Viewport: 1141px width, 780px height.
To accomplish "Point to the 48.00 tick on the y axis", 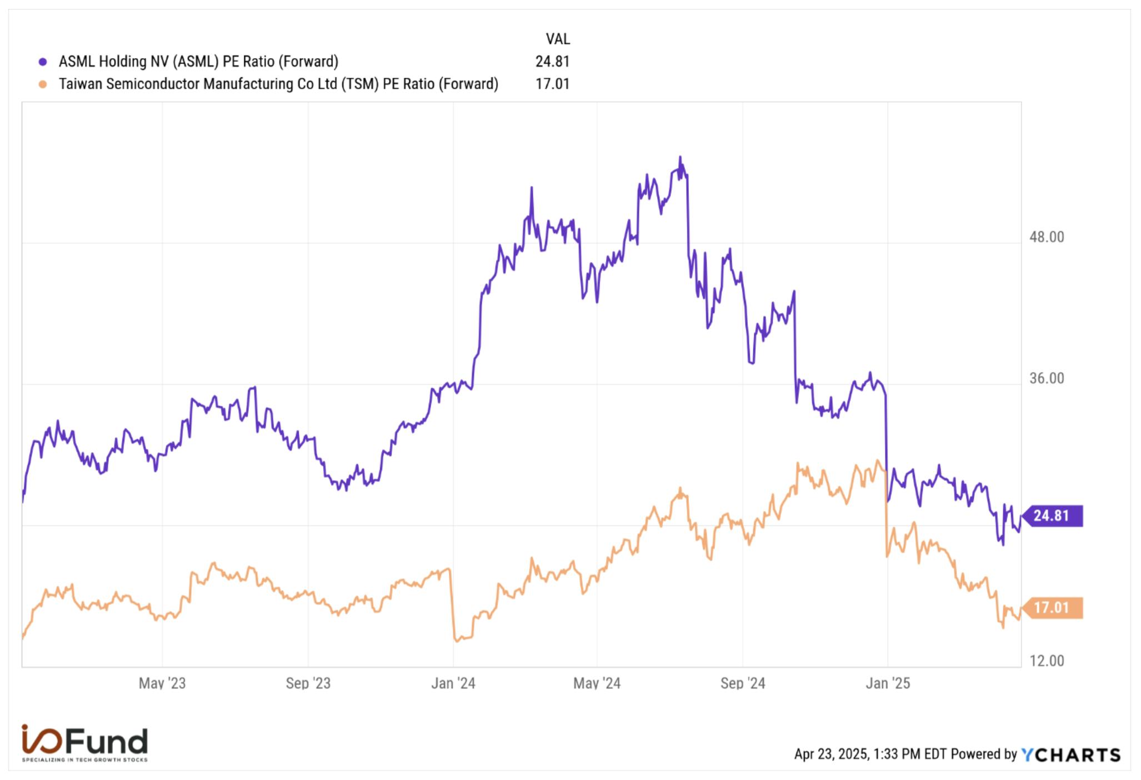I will tap(1047, 237).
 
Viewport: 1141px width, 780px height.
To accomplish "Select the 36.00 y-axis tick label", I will tap(1047, 378).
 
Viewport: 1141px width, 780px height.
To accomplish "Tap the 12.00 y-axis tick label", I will tap(1047, 661).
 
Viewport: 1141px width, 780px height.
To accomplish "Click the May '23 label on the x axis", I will tap(162, 683).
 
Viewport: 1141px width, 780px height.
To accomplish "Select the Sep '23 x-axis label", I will tap(308, 683).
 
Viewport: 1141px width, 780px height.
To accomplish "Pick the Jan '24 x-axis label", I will tap(453, 683).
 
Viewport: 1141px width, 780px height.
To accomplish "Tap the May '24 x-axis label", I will tap(597, 683).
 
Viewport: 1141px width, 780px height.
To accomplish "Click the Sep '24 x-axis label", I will tap(743, 683).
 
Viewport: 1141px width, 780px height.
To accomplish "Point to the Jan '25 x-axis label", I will tap(888, 683).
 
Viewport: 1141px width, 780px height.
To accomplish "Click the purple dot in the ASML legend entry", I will tap(43, 62).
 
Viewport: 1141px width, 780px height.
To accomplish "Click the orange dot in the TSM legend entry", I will tap(43, 84).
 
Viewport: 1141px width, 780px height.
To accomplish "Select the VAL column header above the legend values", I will tap(558, 39).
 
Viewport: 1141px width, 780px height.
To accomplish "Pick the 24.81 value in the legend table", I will tap(552, 62).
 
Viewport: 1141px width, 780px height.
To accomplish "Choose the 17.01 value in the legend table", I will tap(552, 84).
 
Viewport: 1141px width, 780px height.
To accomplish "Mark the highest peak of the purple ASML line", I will tap(680, 157).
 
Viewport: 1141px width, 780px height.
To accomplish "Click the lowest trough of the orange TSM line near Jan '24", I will tap(457, 641).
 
